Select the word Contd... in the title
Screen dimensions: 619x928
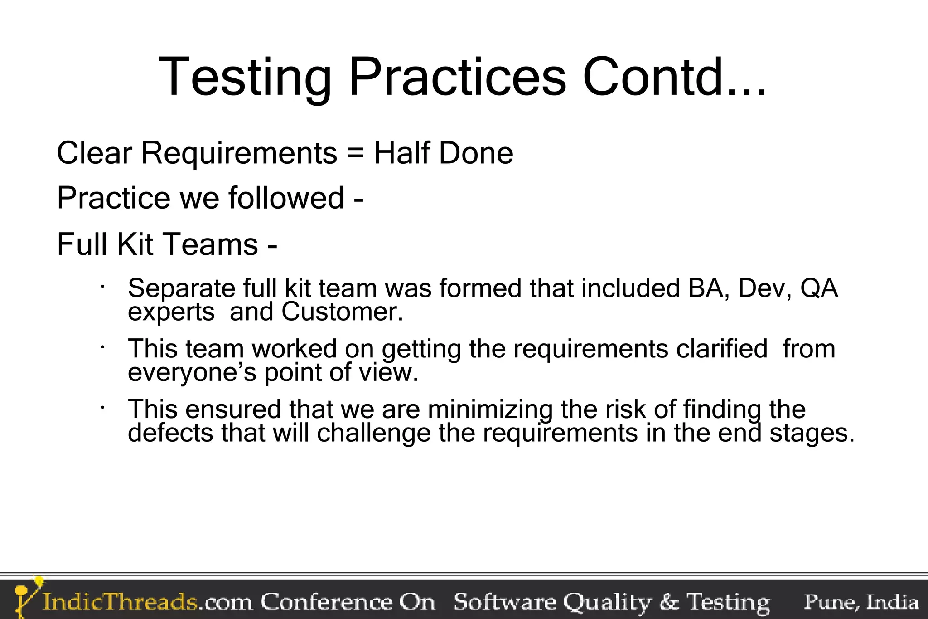coord(675,77)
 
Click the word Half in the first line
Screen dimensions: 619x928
coord(401,153)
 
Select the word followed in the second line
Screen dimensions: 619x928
coord(286,198)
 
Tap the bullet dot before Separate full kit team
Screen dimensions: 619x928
coord(103,287)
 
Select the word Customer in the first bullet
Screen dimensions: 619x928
coord(342,312)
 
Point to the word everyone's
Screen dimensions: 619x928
coord(192,373)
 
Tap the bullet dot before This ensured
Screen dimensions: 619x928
coord(103,408)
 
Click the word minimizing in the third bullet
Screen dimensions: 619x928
coord(490,409)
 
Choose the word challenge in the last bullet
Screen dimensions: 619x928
coord(374,433)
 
